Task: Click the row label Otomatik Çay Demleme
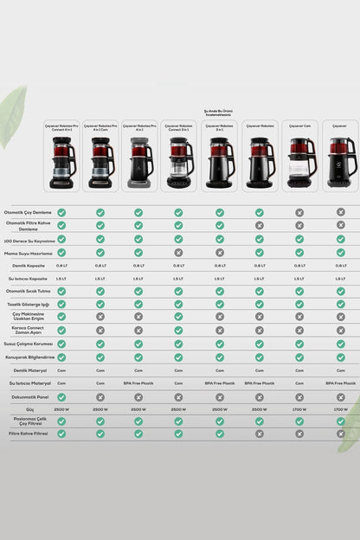point(29,212)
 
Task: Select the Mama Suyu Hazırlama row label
point(29,252)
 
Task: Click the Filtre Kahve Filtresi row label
point(29,433)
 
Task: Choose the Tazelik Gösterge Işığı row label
point(29,304)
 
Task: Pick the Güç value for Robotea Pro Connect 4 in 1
point(61,408)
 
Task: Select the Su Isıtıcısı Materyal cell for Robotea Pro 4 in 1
point(138,382)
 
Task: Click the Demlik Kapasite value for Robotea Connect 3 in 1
point(178,265)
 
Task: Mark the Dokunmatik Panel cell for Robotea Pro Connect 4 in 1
point(61,396)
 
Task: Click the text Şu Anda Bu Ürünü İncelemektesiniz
point(219,112)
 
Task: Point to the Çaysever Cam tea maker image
point(299,162)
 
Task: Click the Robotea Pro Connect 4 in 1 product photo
point(62,162)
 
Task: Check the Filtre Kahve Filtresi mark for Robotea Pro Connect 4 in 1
point(61,433)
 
